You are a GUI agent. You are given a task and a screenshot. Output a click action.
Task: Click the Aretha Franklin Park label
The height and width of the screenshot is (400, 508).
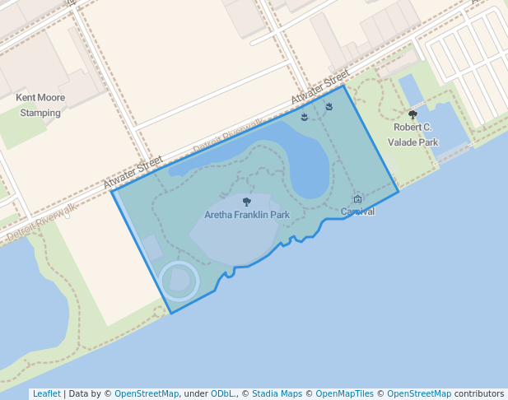(247, 215)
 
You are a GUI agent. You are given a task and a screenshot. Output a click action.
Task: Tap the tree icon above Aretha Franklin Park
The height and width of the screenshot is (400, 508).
(247, 202)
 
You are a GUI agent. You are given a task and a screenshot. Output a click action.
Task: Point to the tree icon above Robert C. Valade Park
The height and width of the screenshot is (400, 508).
(412, 115)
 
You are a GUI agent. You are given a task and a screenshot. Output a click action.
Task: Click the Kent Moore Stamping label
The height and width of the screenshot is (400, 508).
(40, 105)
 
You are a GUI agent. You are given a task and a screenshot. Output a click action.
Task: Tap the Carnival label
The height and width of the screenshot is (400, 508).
(358, 212)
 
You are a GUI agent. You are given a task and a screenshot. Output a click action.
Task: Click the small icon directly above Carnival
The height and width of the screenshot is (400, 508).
(357, 199)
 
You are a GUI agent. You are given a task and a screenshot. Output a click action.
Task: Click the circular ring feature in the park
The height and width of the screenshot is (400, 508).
(179, 281)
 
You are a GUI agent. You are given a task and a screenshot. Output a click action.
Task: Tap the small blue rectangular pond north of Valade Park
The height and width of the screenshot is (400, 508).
(408, 90)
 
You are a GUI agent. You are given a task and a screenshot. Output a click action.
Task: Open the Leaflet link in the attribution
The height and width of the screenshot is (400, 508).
(46, 393)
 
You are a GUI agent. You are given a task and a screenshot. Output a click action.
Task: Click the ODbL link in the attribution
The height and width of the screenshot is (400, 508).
(222, 393)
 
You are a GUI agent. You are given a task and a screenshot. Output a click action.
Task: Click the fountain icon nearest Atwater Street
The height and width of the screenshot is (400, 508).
(329, 106)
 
